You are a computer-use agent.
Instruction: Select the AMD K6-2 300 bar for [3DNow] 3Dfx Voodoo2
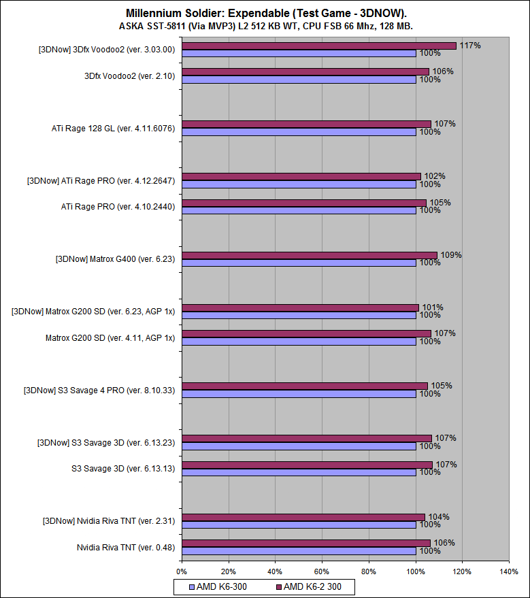pos(318,46)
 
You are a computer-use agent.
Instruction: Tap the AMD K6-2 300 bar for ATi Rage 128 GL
pos(306,124)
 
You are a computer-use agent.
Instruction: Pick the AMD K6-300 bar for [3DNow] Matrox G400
pos(299,263)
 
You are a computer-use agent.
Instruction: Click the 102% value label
pos(435,176)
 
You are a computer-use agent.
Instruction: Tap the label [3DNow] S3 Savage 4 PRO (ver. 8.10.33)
pos(99,390)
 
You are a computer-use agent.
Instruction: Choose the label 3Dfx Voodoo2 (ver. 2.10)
pos(129,76)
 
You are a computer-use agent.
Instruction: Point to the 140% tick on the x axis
pos(508,571)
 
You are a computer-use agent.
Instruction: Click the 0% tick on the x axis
pos(182,571)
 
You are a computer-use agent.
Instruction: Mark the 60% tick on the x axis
pos(322,571)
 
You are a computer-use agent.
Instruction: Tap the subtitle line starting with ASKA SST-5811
pos(266,26)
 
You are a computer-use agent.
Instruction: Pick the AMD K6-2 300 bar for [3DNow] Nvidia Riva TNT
pos(303,517)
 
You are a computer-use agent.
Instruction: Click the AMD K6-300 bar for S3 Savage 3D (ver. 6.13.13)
pos(299,472)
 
